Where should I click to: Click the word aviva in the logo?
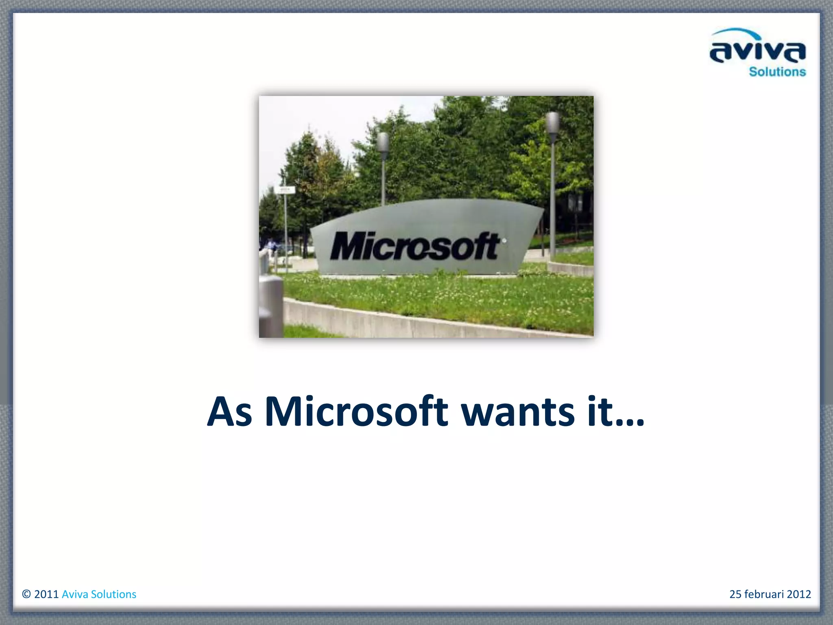(x=757, y=52)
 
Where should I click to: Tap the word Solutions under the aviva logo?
(x=777, y=72)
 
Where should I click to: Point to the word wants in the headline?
(x=518, y=413)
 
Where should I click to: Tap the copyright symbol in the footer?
(x=26, y=594)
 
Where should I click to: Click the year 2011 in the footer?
(x=46, y=594)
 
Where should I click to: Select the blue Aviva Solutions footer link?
(x=99, y=594)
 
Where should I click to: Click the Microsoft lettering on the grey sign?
(x=414, y=246)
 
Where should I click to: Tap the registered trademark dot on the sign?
(x=504, y=240)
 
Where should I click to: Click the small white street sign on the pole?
(x=286, y=190)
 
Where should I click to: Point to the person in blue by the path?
(x=270, y=245)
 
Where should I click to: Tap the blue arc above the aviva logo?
(x=736, y=33)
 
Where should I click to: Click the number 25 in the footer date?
(x=735, y=594)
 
